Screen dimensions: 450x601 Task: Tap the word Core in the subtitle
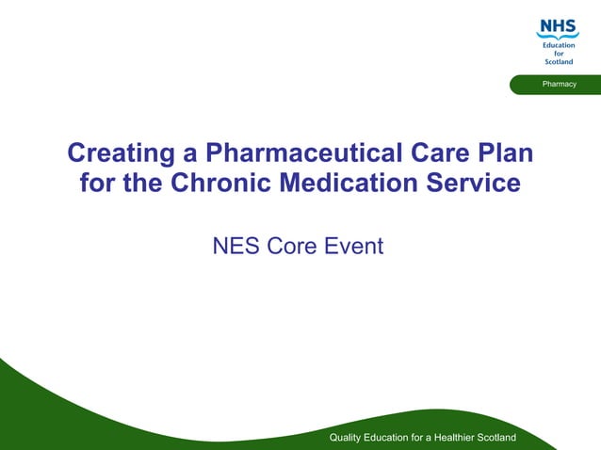[293, 247]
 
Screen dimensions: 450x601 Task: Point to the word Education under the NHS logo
[558, 45]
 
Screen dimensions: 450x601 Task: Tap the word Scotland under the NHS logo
[558, 62]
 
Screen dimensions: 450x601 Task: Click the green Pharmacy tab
[559, 85]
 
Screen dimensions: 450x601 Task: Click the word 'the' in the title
[141, 183]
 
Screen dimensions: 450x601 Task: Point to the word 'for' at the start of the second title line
[97, 183]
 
